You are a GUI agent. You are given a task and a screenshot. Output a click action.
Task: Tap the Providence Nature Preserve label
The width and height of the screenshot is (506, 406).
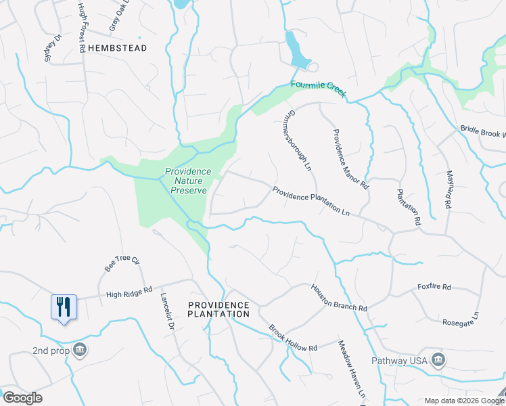pos(188,181)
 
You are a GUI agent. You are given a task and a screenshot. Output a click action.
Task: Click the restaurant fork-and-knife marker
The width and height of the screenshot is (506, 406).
pos(64,307)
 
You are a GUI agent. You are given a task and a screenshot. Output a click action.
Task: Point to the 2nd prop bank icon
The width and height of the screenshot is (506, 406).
pos(80,350)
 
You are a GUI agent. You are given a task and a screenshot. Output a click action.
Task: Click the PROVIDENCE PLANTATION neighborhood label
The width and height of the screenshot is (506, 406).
pos(218,309)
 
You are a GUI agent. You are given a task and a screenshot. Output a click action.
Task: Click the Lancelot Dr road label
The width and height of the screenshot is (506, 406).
pos(167,311)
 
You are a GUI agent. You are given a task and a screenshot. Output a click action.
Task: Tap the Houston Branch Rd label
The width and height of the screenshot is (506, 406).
pos(339,298)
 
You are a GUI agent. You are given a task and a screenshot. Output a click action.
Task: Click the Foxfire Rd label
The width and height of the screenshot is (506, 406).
pos(434,287)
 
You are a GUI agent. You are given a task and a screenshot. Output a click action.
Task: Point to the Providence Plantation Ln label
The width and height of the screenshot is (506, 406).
pos(310,201)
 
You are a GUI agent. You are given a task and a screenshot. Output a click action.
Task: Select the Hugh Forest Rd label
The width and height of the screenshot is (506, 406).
pos(81,28)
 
